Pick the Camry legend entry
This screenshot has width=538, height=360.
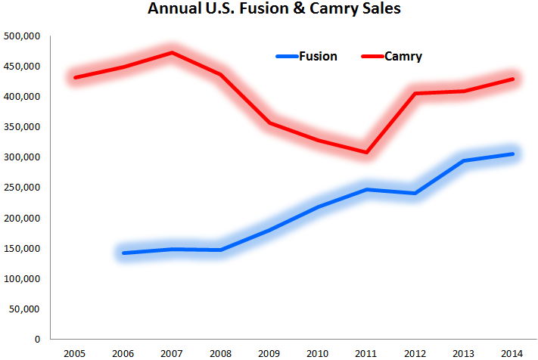[x=403, y=56]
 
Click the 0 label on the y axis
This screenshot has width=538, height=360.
[x=36, y=339]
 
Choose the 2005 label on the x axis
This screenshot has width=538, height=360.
[x=73, y=353]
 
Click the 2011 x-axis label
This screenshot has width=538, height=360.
[x=366, y=353]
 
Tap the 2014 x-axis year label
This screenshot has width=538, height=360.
[x=513, y=353]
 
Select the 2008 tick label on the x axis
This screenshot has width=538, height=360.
[x=220, y=353]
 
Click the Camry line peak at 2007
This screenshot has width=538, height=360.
[x=172, y=53]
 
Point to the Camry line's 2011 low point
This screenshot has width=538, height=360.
[x=366, y=153]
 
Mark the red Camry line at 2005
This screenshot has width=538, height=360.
[x=74, y=78]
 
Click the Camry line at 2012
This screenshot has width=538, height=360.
[x=415, y=94]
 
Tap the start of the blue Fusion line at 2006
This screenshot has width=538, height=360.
[x=123, y=253]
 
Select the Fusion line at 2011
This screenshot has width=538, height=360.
[x=366, y=189]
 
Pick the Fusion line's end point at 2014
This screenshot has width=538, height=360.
[x=513, y=154]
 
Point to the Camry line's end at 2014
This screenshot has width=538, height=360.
[x=513, y=79]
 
